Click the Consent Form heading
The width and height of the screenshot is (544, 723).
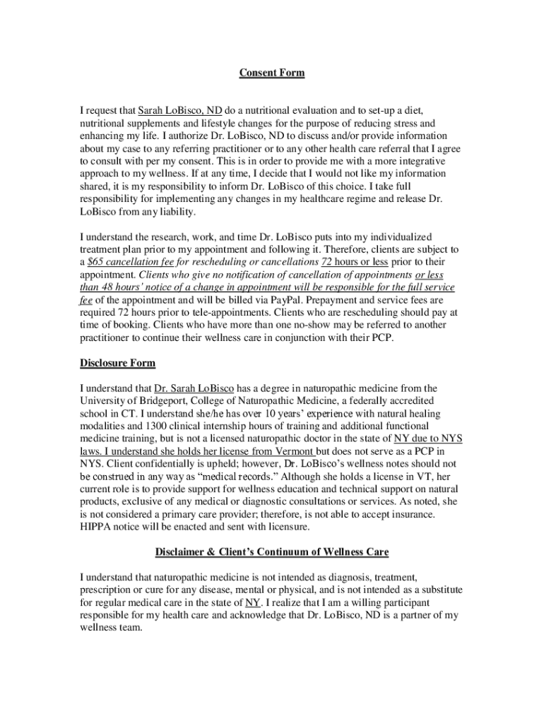(x=271, y=73)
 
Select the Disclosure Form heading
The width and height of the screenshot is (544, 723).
(x=117, y=364)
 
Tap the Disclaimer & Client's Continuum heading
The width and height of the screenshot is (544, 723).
(x=271, y=551)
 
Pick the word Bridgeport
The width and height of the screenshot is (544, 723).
(x=155, y=401)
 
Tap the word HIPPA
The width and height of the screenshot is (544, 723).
(x=95, y=527)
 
